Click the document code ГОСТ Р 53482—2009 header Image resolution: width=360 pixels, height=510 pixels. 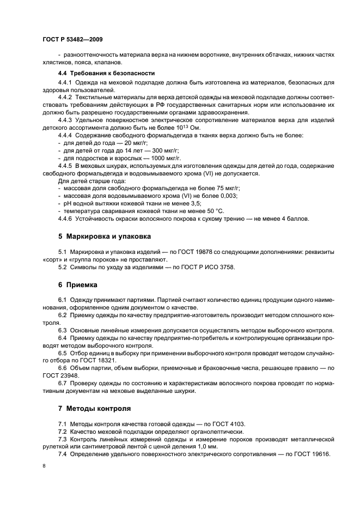(x=72, y=40)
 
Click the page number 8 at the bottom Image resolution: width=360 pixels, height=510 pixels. (x=45, y=466)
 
